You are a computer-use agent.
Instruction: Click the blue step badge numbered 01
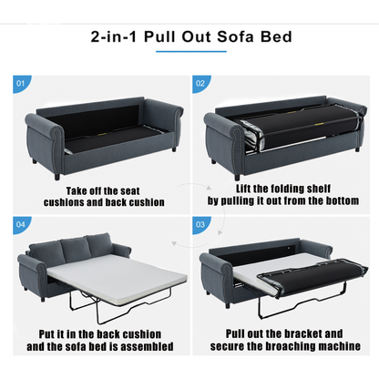20,83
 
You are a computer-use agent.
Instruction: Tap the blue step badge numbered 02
200,83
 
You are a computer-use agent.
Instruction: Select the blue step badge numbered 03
200,224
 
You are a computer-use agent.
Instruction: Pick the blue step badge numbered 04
20,224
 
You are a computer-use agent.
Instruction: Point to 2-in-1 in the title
114,36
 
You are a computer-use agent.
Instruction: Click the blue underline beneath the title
191,51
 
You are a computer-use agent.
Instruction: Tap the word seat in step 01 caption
130,191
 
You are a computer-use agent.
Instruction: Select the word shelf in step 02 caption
318,189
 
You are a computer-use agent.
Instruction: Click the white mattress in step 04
118,276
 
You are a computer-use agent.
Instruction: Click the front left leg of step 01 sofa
56,177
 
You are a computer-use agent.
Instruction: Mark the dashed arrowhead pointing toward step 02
209,188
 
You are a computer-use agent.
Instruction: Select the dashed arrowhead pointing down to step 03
220,233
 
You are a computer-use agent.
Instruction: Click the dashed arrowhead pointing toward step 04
174,243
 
